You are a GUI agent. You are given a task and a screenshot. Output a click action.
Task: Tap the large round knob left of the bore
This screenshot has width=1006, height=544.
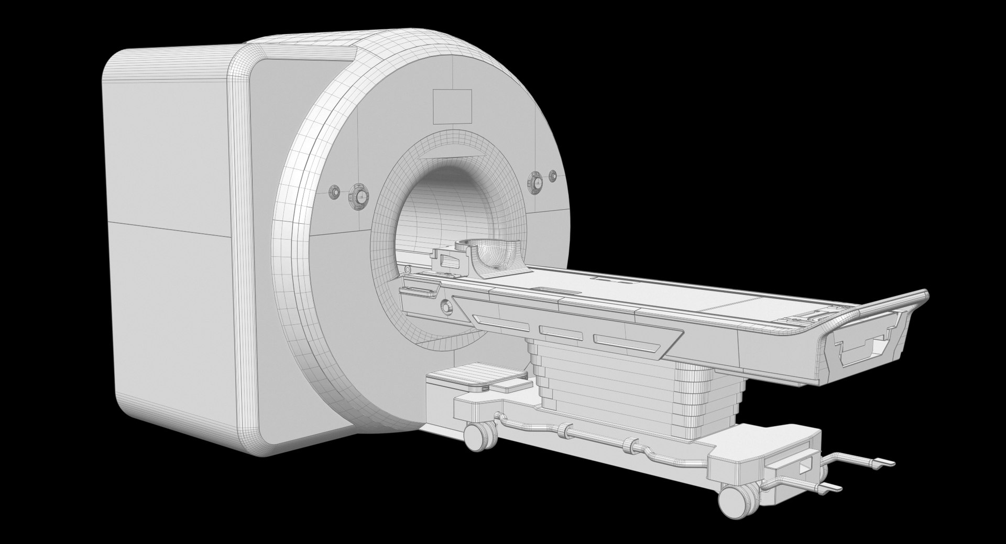coord(359,196)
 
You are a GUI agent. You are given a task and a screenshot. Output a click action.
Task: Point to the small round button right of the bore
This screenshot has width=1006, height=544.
coord(552,177)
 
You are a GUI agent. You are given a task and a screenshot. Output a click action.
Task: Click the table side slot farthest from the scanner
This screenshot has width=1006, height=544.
coord(621,342)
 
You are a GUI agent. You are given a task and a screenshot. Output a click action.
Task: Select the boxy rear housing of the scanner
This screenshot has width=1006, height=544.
coord(173,236)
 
